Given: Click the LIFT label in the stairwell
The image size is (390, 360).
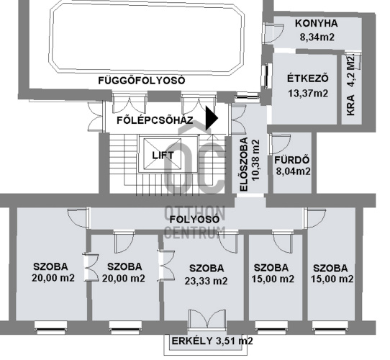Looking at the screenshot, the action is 163,156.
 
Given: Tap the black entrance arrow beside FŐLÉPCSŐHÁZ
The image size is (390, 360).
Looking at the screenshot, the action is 212,118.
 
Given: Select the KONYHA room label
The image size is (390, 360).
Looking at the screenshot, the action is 317,24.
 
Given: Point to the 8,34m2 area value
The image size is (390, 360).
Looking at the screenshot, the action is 317,37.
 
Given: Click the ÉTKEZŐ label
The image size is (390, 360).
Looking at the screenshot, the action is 308,78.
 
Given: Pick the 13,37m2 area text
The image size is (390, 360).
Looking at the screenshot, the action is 308,94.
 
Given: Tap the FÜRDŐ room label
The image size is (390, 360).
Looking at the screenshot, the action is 291,160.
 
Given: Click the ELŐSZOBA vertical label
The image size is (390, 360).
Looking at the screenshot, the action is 244,165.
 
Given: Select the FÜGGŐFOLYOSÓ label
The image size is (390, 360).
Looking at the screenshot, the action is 142,81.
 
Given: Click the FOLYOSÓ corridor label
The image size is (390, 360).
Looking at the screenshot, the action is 194,220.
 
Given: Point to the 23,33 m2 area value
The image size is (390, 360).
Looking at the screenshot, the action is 206,281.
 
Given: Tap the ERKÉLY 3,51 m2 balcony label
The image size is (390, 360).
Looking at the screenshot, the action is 212,341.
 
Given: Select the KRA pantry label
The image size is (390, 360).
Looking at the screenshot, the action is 350,105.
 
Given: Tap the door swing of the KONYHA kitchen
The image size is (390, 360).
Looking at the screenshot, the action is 274,33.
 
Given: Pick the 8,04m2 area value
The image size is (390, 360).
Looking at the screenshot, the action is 294,171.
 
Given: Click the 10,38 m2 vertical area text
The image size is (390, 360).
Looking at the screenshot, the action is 255,161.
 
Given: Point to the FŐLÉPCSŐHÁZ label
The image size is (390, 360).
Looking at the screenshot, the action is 155,120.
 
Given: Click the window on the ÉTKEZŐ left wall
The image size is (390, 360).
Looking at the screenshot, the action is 268,76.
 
